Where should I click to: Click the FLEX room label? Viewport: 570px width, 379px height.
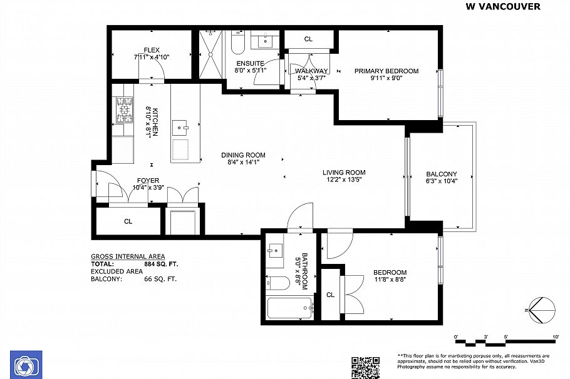click(152, 50)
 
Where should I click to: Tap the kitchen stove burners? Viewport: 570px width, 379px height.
click(124, 109)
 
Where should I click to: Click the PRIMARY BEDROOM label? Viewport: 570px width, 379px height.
click(386, 71)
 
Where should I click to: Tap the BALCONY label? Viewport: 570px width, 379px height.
click(442, 174)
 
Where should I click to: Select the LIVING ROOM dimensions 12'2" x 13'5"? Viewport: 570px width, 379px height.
click(344, 180)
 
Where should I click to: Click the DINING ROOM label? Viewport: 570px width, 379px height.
click(243, 155)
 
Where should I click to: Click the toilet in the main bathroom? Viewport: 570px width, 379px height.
click(277, 283)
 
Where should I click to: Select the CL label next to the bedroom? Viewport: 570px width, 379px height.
click(330, 295)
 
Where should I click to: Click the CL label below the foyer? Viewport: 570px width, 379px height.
click(128, 221)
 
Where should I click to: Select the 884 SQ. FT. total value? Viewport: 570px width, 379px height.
click(161, 264)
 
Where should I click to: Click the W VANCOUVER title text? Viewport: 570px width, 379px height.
click(503, 7)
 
